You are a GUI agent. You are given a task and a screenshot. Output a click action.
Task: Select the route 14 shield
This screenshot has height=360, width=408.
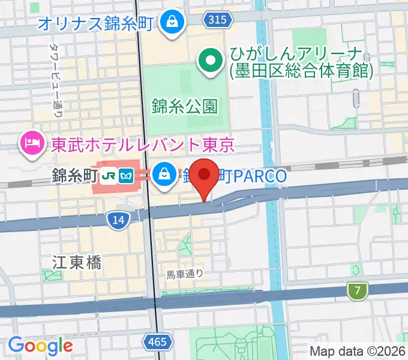click(x=118, y=221)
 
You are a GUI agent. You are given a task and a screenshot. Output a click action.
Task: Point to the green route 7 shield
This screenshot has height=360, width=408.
click(x=357, y=292)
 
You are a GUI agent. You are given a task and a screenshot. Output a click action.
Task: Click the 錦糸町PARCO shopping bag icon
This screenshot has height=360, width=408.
click(x=163, y=175)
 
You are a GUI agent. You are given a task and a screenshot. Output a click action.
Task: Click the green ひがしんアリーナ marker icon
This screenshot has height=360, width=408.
click(x=211, y=60)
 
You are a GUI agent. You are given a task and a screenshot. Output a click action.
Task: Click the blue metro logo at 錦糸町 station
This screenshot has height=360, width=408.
click(x=127, y=175)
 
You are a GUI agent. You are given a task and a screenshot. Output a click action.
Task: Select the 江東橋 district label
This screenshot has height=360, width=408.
click(x=76, y=262)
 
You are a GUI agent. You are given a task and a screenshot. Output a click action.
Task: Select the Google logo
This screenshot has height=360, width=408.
click(x=40, y=346)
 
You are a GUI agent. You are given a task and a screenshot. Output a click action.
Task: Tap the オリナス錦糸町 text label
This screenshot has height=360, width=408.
click(x=97, y=24)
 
